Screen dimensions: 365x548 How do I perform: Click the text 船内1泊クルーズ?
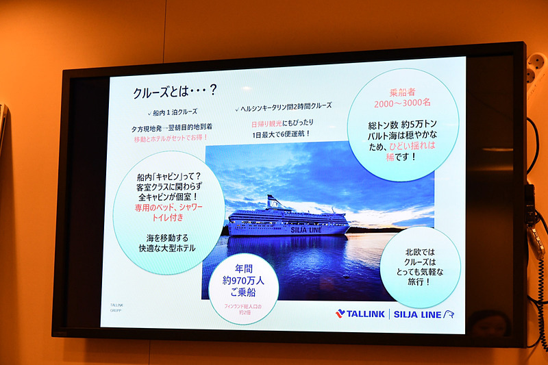pos(175,112)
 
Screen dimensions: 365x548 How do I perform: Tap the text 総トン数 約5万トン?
pos(402,126)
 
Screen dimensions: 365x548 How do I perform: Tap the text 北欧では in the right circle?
pos(420,253)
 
